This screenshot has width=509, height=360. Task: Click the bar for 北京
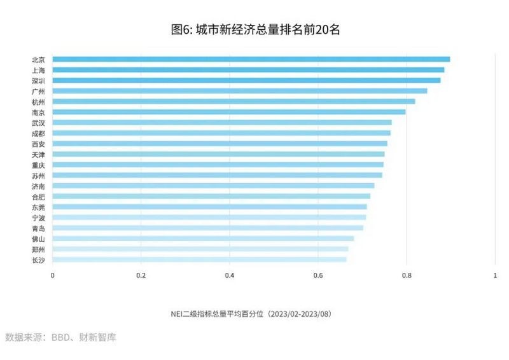point(251,59)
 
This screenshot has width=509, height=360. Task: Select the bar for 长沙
point(199,260)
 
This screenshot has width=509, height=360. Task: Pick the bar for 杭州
point(234,101)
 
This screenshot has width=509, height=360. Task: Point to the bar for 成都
point(221,133)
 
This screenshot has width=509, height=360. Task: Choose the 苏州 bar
point(217,175)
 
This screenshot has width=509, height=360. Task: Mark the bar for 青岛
point(207,228)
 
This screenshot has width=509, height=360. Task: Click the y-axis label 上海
point(38,70)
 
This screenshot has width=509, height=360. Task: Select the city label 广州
point(38,91)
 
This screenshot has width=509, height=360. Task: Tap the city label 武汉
point(38,122)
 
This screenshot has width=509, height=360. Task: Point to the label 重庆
point(38,165)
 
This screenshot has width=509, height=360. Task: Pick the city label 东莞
point(38,207)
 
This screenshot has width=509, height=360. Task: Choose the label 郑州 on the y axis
point(38,249)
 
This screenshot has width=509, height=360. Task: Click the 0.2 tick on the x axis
point(141,275)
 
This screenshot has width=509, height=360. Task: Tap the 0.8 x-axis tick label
point(407,275)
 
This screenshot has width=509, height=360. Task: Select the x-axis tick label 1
point(495,275)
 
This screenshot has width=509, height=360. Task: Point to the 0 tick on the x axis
point(52,275)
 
